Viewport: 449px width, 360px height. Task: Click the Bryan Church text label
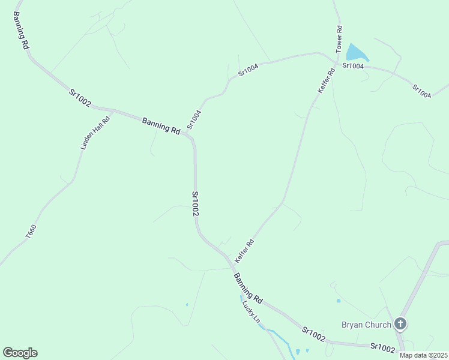(x=366, y=325)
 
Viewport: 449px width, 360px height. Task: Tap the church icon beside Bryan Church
(x=400, y=325)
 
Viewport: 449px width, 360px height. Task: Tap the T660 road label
(x=31, y=233)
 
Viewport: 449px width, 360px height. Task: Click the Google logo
(x=20, y=353)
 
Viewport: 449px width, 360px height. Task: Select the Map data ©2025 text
(x=423, y=355)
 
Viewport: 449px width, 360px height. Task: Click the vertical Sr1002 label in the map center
(x=195, y=203)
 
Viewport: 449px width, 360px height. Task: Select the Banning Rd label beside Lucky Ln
(x=248, y=287)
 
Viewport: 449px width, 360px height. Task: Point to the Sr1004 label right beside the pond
(x=353, y=65)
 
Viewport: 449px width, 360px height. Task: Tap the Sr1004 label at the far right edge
(x=421, y=91)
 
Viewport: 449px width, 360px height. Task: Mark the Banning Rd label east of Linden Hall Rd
(x=161, y=126)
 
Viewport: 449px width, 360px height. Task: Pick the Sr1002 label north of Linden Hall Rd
(x=79, y=98)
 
